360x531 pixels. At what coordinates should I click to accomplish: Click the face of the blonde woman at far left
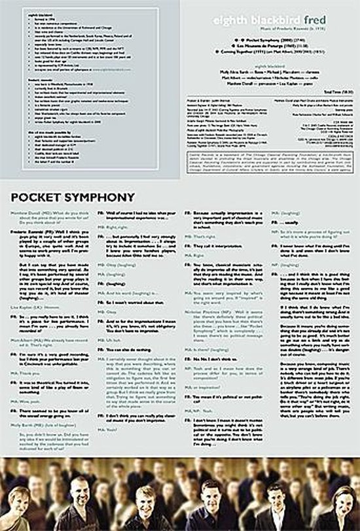[x=20, y=497]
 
